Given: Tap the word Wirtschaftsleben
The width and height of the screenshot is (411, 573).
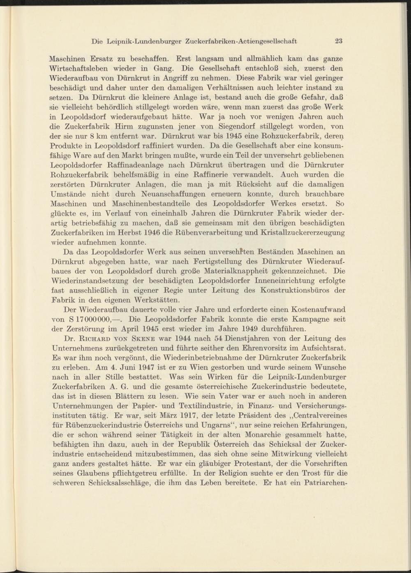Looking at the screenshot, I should (x=76, y=67).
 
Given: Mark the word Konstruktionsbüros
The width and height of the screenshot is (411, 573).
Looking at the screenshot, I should (x=296, y=290).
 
